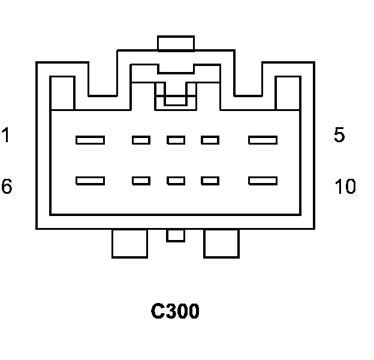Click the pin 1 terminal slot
point(90,140)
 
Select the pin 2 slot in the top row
point(141,140)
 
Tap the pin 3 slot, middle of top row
point(176,140)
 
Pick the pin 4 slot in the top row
point(210,140)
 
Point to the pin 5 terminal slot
point(263,140)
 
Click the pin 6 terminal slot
point(90,180)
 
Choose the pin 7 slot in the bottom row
point(141,180)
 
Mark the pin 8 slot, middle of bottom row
point(176,180)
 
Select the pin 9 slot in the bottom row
point(210,180)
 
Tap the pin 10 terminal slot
point(263,180)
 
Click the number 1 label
point(5,135)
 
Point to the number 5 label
point(339,135)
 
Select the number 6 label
point(6,187)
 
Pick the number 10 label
point(345,187)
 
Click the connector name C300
point(175,311)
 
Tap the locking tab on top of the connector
point(176,43)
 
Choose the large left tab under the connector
point(129,243)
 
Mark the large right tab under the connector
point(221,243)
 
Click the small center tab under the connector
point(176,235)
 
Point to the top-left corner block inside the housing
point(62,93)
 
